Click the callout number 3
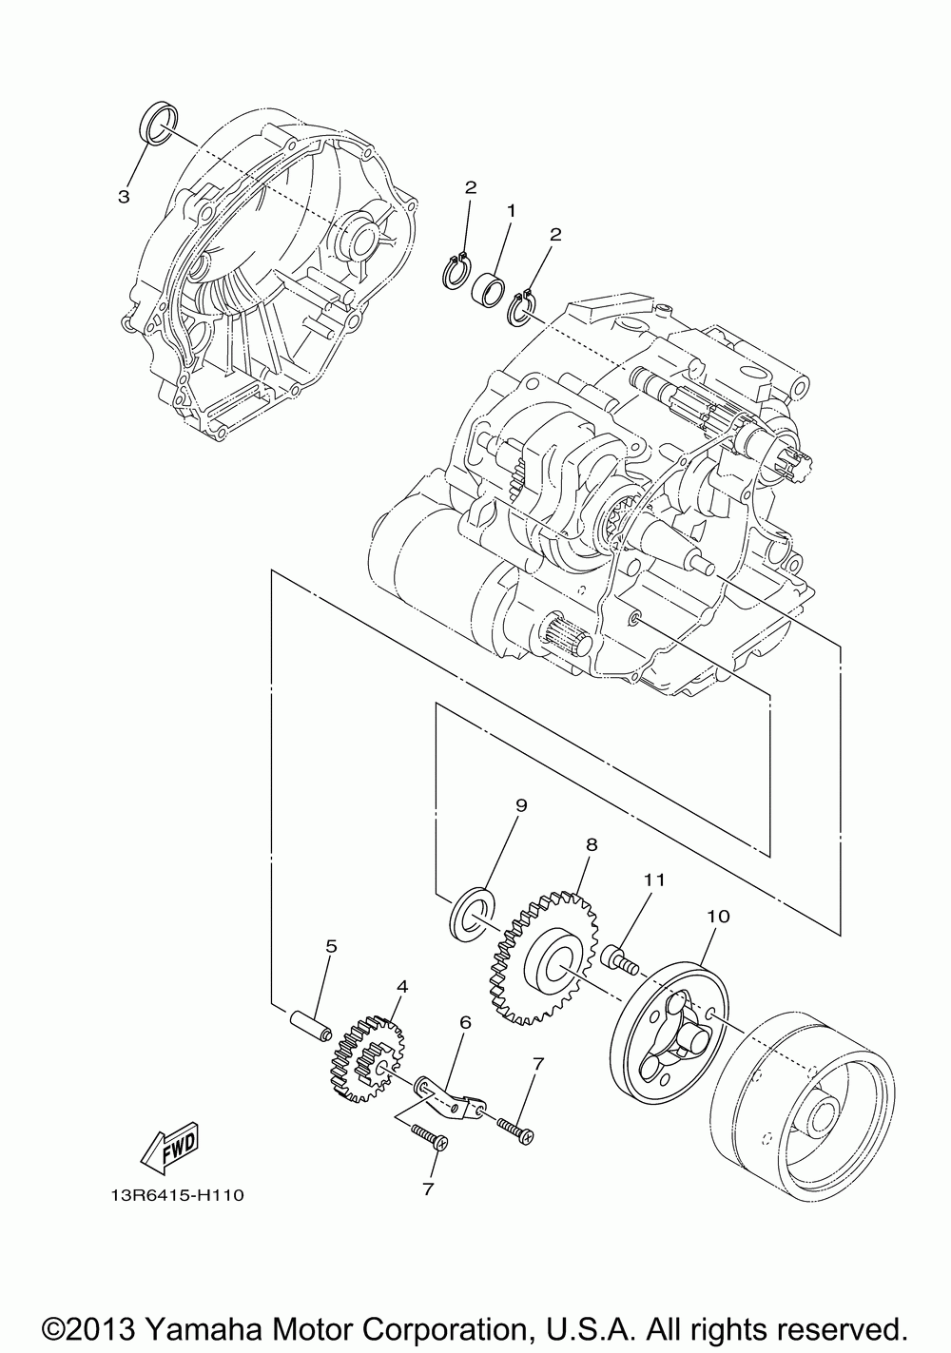(124, 197)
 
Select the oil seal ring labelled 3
(159, 125)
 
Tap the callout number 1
(510, 209)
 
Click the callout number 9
(521, 805)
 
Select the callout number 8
(591, 843)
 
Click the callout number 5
(305, 946)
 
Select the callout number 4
(401, 987)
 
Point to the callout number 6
(465, 1022)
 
